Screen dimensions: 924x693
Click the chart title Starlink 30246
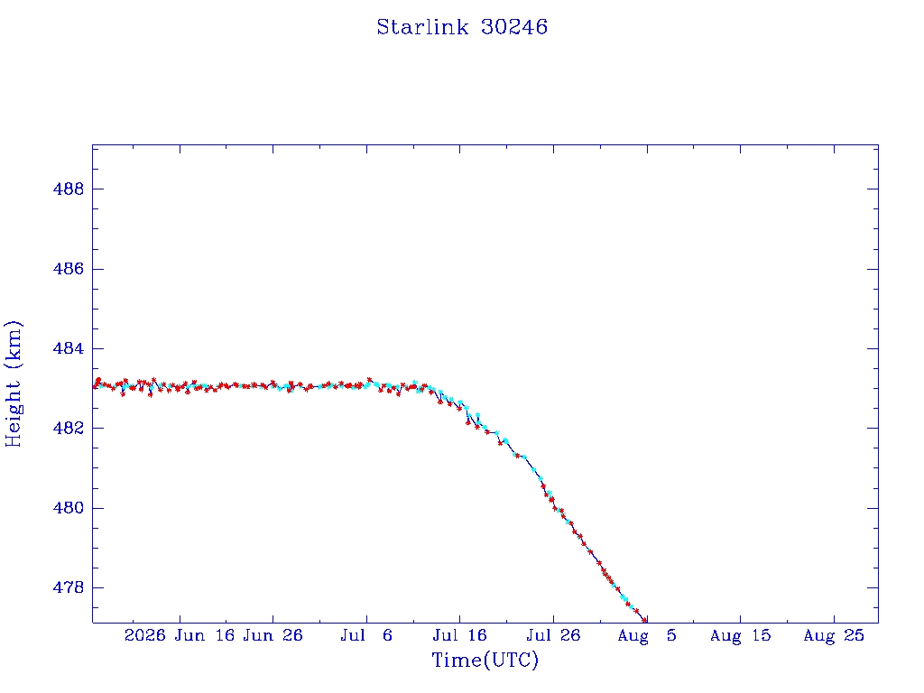462,27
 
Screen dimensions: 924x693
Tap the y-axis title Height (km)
13,383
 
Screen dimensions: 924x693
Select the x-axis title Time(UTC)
485,660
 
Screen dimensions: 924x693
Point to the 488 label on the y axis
69,189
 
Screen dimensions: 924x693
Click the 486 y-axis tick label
69,269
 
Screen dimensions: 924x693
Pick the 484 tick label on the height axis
69,348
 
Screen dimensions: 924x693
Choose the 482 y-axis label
69,428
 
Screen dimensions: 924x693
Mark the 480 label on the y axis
69,508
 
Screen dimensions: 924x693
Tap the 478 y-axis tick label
69,587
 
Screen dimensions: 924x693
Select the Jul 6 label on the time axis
366,635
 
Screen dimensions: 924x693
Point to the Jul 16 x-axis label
459,635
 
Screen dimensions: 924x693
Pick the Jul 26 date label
553,635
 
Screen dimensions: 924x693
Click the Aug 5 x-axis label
647,635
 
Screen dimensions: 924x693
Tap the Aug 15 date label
740,635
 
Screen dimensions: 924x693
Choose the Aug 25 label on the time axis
834,635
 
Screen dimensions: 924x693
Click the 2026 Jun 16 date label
180,635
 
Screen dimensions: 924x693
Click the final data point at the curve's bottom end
644,620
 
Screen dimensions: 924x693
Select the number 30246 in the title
514,27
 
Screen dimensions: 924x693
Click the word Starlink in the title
422,27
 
